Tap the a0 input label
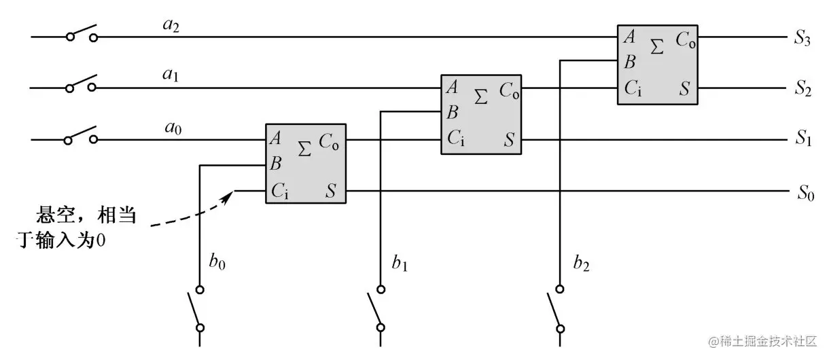click(171, 127)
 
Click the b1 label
click(400, 263)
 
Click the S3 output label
click(802, 39)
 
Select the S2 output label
click(802, 90)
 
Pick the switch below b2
click(557, 308)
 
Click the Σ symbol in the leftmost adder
click(305, 148)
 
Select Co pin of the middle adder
click(510, 90)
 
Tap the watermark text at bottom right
click(762, 340)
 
